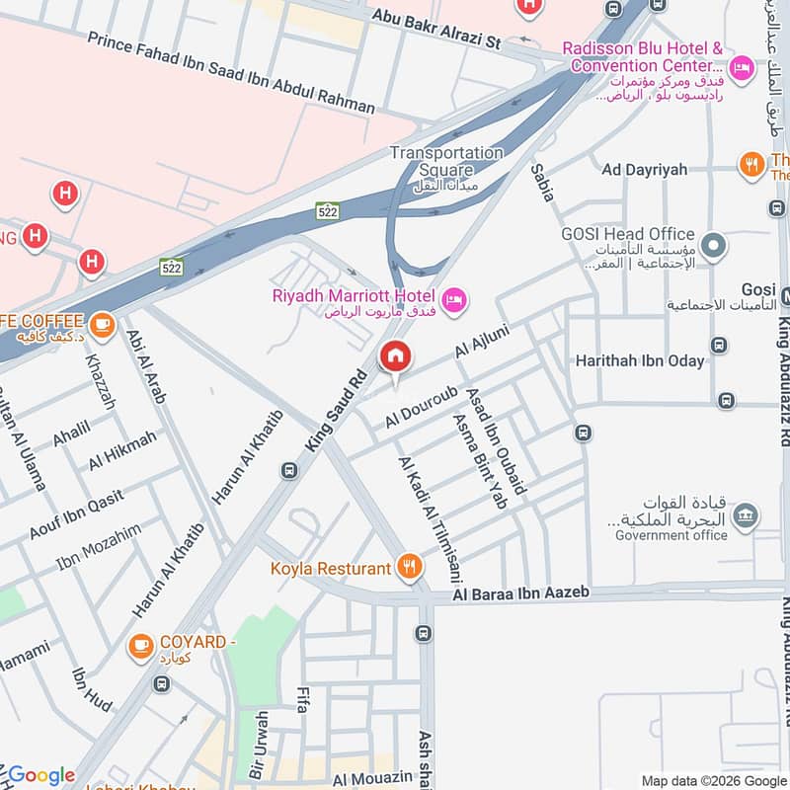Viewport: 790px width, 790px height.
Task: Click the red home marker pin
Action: [x=396, y=356]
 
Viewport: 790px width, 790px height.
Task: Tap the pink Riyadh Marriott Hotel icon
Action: [x=453, y=297]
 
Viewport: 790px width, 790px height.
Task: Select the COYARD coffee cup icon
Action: [x=140, y=646]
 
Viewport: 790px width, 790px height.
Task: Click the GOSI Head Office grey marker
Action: [x=711, y=243]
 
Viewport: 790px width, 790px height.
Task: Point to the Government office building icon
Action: [x=748, y=514]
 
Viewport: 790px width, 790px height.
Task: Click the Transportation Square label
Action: [x=445, y=161]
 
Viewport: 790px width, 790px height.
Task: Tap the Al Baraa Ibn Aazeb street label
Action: [x=520, y=592]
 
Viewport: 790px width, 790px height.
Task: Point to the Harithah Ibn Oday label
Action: [x=640, y=360]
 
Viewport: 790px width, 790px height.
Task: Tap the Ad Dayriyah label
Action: [x=644, y=170]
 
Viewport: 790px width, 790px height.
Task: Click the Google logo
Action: [x=41, y=775]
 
